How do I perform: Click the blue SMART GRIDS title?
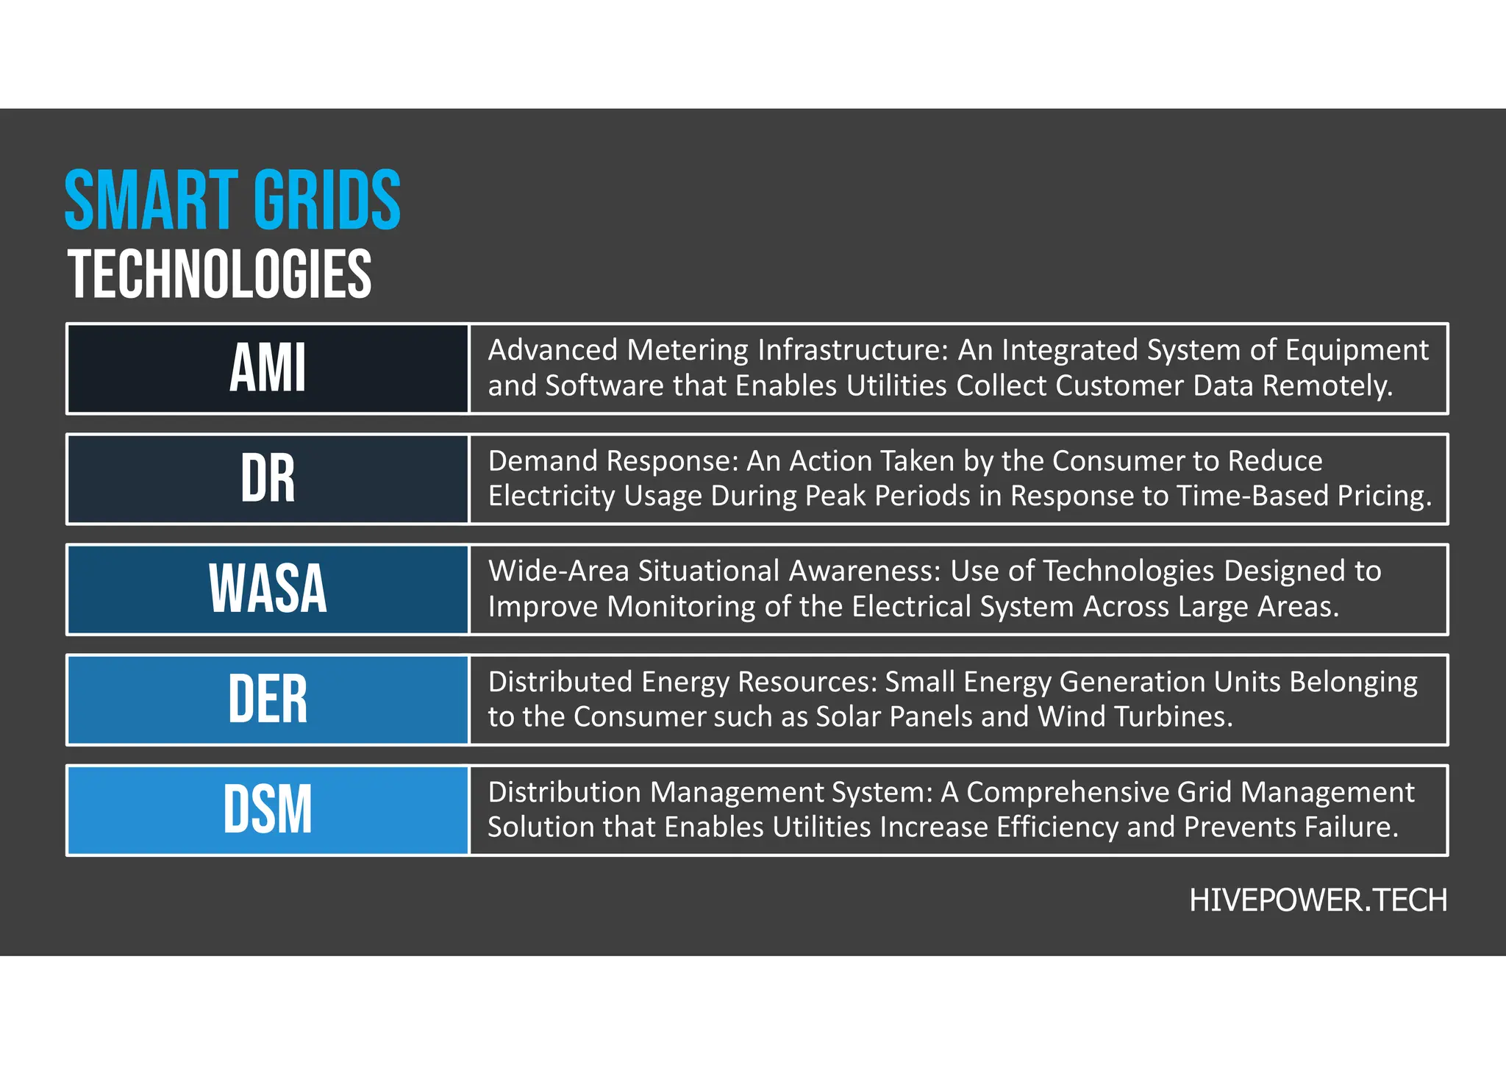(x=232, y=200)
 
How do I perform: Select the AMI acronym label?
(x=268, y=368)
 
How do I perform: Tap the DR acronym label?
(x=268, y=479)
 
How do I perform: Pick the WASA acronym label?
(x=268, y=589)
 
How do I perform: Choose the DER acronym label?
(x=268, y=699)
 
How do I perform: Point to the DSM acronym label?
(x=268, y=810)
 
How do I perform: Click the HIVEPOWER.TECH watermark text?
(x=1318, y=900)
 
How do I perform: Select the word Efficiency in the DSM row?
(x=1057, y=828)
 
